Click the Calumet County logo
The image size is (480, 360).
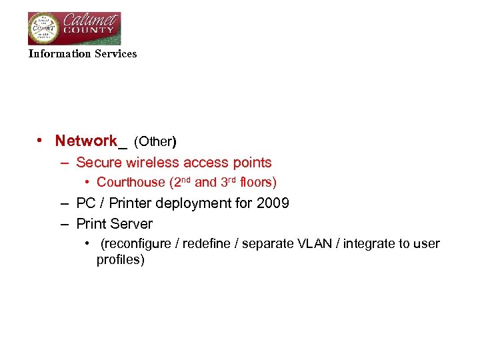(x=74, y=28)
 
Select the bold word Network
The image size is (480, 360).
(x=85, y=141)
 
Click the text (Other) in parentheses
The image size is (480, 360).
(x=155, y=141)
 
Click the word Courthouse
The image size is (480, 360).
(x=131, y=182)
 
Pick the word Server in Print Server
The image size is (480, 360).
(x=131, y=224)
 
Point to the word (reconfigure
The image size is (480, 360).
(x=135, y=244)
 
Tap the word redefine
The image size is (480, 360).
(x=206, y=244)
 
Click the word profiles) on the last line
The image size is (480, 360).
(x=121, y=260)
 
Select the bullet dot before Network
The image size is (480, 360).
(x=41, y=141)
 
